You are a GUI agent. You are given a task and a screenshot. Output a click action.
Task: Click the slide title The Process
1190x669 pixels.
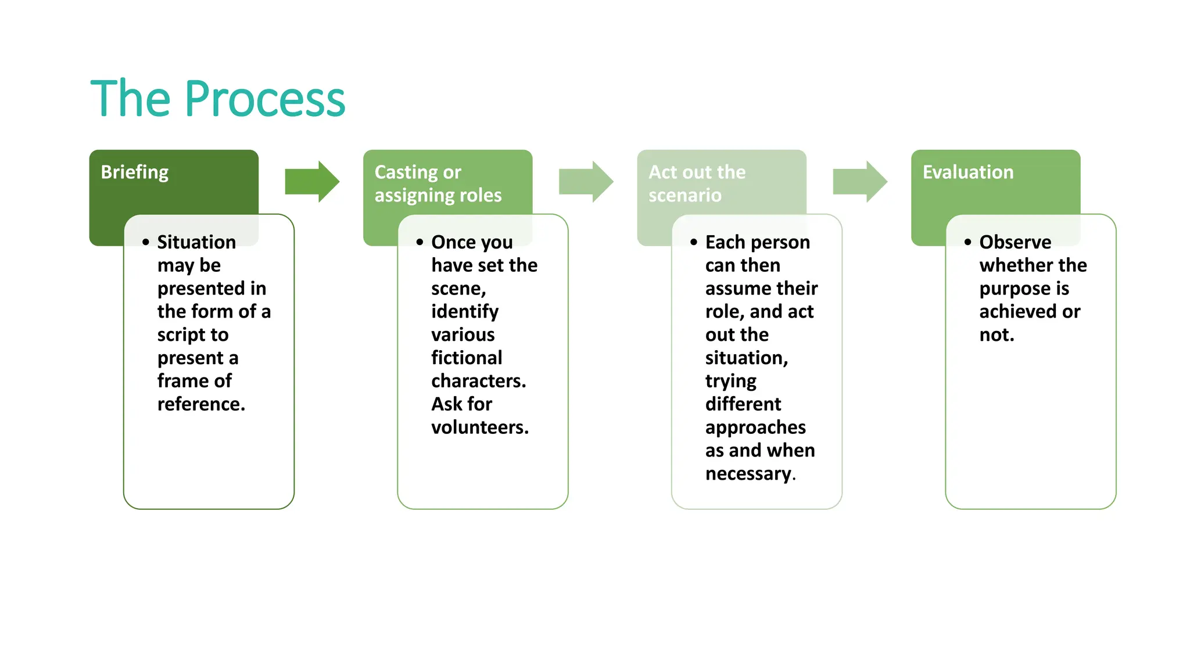coord(218,99)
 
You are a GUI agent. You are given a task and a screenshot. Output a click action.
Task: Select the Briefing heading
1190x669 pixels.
coord(134,172)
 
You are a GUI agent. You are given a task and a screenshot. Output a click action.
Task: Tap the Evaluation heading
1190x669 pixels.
coord(967,172)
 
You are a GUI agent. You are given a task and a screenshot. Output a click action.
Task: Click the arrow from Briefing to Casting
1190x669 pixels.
coord(312,182)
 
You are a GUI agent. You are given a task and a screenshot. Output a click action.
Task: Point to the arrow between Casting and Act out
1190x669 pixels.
coord(586,182)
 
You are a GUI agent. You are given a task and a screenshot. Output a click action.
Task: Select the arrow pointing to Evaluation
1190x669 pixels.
coord(860,182)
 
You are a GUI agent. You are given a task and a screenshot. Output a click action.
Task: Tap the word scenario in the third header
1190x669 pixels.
coord(684,195)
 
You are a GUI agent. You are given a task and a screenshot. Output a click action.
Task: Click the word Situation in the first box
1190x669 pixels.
coord(196,242)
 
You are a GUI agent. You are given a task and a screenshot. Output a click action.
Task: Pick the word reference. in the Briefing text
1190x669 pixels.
coord(201,404)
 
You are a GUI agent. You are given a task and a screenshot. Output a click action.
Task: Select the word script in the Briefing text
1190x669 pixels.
coord(181,335)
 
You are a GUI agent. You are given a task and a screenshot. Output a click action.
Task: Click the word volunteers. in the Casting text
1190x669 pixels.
coord(479,427)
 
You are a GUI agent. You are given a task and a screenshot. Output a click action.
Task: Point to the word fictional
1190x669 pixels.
coord(466,357)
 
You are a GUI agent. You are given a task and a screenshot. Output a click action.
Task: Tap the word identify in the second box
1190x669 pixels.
coord(464,312)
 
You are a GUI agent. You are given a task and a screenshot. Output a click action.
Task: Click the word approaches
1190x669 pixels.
coord(755,427)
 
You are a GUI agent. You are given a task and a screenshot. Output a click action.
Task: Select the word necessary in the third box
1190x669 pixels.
coord(748,474)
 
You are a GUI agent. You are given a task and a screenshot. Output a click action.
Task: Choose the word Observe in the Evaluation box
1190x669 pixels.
coord(1015,242)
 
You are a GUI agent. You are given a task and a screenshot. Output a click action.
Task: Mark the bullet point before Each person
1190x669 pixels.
coord(693,242)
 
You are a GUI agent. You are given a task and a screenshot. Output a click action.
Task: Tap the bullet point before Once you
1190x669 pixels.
coord(420,242)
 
